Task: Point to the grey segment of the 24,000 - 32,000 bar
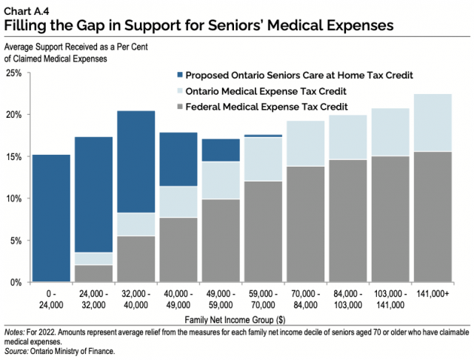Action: [x=93, y=273]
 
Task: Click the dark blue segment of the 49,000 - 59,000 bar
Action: [x=221, y=150]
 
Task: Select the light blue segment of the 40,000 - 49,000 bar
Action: [x=178, y=201]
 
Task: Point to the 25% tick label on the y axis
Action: [x=14, y=73]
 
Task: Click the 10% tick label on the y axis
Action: [x=14, y=199]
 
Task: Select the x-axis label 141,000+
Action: [x=433, y=294]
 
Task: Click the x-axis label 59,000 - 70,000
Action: [x=263, y=299]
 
